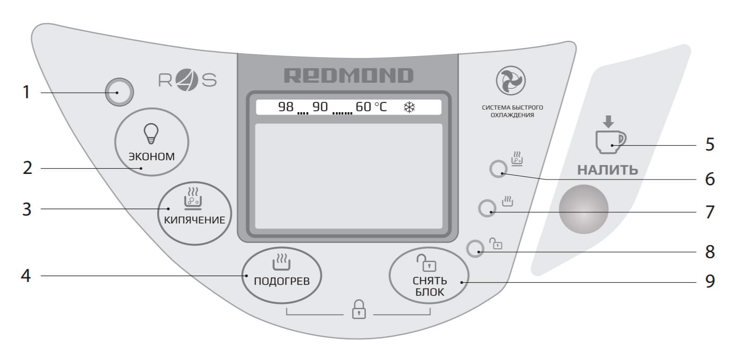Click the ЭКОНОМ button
[x=152, y=142]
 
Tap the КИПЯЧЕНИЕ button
[x=195, y=213]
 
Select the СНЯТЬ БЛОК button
[x=429, y=275]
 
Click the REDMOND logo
[x=348, y=75]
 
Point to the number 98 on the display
[x=286, y=107]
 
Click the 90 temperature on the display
[x=320, y=107]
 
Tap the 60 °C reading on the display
[x=371, y=107]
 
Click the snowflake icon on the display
[x=409, y=107]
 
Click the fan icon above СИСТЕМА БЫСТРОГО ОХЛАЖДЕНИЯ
[x=511, y=80]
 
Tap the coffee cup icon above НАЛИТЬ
[x=610, y=142]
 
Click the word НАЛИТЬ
[x=607, y=170]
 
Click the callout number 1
[x=26, y=92]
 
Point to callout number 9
[x=710, y=281]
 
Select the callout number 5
[x=710, y=145]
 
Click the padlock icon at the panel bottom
[x=359, y=310]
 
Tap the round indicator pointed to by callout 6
[x=498, y=169]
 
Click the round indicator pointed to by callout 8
[x=475, y=248]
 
